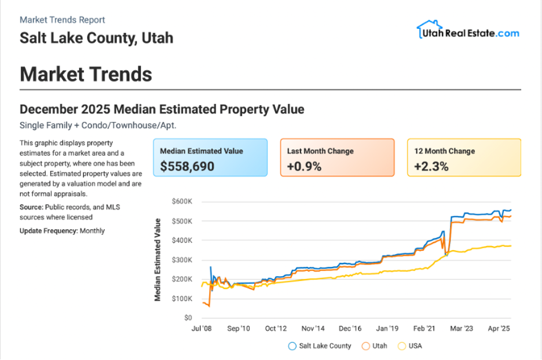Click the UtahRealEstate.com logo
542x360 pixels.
tap(467, 31)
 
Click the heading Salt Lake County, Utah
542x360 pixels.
tap(96, 38)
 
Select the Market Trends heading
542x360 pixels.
tap(86, 74)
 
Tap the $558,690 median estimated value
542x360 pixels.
tap(187, 167)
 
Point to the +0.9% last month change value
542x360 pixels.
tap(304, 167)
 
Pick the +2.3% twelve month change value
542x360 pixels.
tap(431, 167)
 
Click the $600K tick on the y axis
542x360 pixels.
tap(182, 201)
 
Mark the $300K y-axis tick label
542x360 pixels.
tap(182, 260)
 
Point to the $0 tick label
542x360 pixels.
tap(188, 318)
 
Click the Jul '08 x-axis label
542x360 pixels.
tap(201, 329)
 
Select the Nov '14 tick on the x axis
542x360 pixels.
tap(313, 329)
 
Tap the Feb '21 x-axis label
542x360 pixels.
tap(424, 329)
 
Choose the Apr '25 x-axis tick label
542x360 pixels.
tap(498, 329)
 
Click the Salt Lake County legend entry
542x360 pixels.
tap(320, 346)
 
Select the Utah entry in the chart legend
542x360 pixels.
tap(375, 346)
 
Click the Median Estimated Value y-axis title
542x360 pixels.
tap(158, 259)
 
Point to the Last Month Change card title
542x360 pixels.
tap(320, 151)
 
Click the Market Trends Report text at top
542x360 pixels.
tap(63, 20)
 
